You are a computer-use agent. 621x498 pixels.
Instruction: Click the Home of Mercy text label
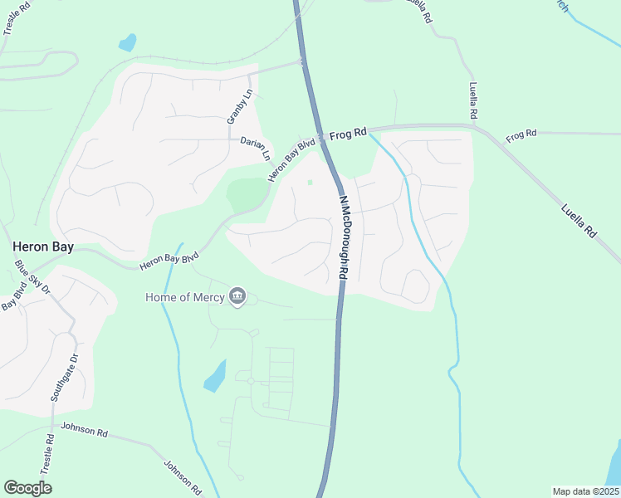point(185,297)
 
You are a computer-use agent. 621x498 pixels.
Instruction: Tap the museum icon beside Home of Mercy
point(237,297)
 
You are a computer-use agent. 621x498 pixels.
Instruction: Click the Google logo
point(27,487)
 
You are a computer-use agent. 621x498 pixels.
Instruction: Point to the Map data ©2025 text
point(584,491)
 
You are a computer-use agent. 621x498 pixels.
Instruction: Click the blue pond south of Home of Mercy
point(215,376)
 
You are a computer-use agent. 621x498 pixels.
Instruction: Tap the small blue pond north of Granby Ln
point(127,42)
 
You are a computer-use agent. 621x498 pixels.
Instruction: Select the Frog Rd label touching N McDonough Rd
point(348,133)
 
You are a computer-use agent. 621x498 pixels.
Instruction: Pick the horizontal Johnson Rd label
point(85,432)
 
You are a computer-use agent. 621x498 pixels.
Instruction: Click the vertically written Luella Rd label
point(472,100)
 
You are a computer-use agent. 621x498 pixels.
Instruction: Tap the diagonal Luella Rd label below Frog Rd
point(579,221)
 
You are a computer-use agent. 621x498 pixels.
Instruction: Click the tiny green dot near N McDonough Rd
point(310,183)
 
